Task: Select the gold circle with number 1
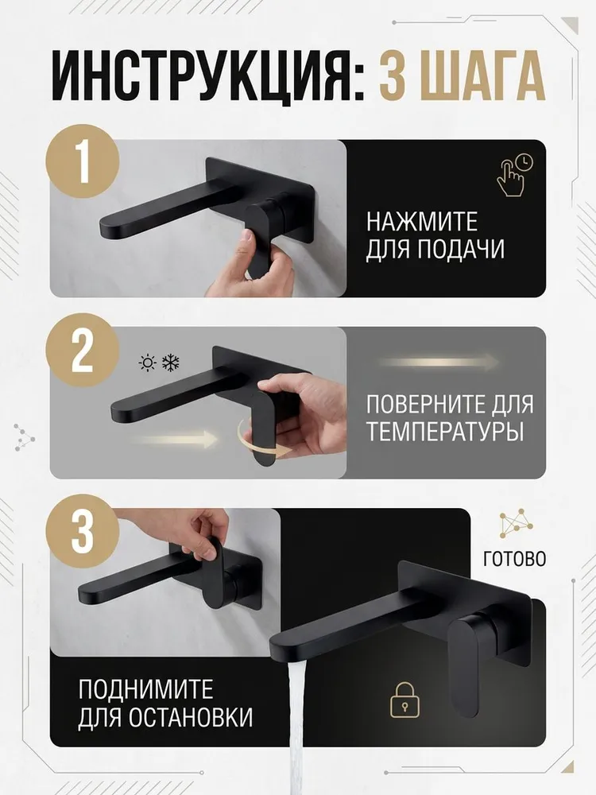coord(83,161)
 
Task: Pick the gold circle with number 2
coord(83,350)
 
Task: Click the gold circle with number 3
coord(83,533)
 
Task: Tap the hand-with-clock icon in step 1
coord(514,176)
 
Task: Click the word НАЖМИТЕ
coord(422,222)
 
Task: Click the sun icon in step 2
coord(148,363)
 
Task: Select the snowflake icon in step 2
coord(171,363)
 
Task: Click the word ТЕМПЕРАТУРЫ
coord(444,432)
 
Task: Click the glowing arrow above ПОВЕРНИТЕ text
coord(439,363)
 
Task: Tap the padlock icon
coord(405,699)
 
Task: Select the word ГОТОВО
coord(514,559)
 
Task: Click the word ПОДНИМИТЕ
coord(146,689)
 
